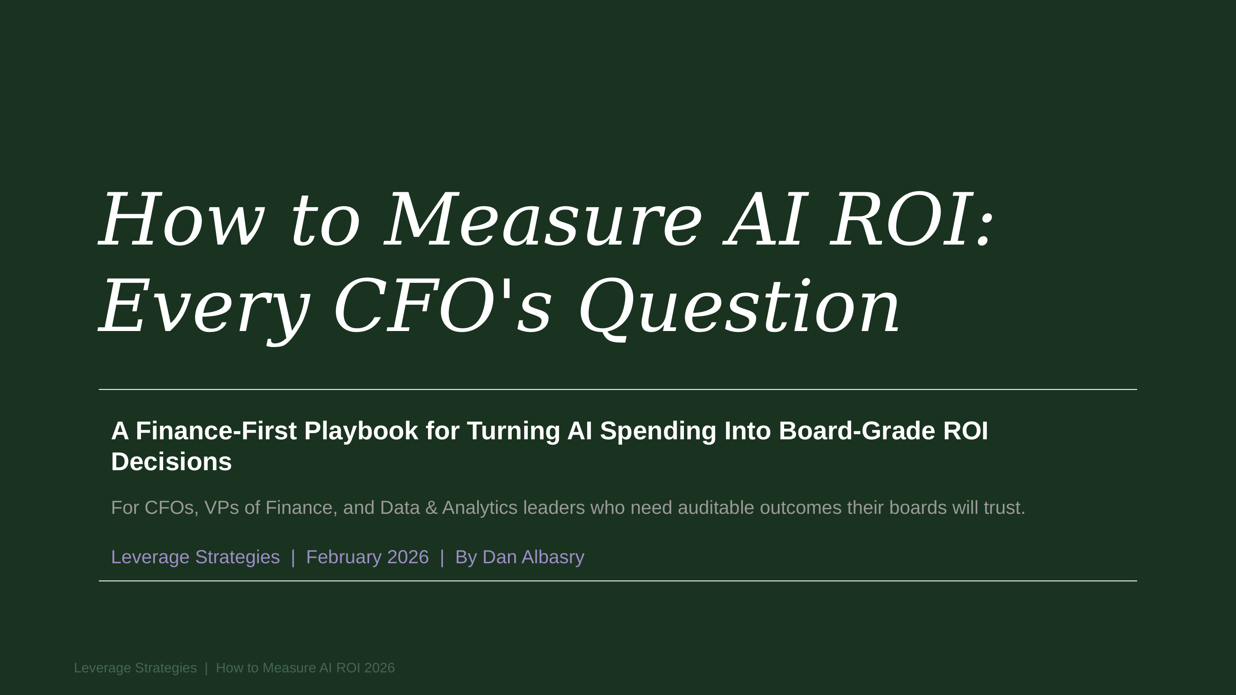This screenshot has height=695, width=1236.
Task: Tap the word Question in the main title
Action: click(x=739, y=307)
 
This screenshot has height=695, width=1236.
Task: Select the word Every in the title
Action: click(x=204, y=307)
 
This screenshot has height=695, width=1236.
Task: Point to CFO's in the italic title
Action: click(x=441, y=307)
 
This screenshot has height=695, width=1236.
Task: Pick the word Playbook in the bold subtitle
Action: click(x=361, y=431)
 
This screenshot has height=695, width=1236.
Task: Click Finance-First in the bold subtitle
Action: click(x=216, y=431)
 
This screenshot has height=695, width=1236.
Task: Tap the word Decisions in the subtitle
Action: click(x=171, y=462)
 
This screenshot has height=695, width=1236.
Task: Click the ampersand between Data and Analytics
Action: click(x=431, y=508)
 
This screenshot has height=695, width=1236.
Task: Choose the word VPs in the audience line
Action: click(x=222, y=508)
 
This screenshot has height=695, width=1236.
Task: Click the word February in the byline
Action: click(x=343, y=557)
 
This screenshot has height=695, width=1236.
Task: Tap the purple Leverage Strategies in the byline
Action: click(x=195, y=557)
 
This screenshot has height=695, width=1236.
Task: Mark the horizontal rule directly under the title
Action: click(x=618, y=389)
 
